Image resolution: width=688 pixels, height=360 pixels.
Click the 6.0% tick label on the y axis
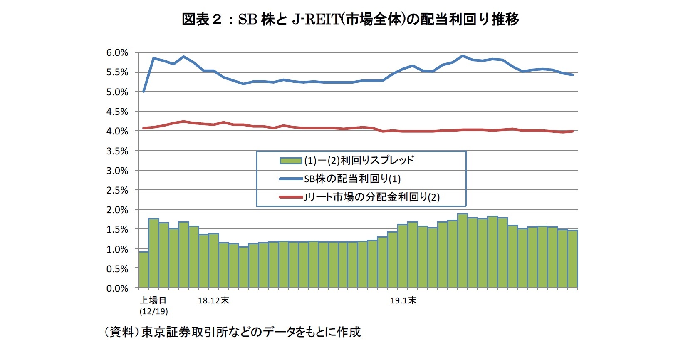pyautogui.click(x=117, y=53)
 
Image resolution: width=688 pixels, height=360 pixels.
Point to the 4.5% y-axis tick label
pyautogui.click(x=117, y=112)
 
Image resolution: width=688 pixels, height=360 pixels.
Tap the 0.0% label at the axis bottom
pyautogui.click(x=117, y=288)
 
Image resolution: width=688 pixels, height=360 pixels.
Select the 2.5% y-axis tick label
pyautogui.click(x=117, y=190)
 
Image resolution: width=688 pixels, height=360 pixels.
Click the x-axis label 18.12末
pyautogui.click(x=213, y=300)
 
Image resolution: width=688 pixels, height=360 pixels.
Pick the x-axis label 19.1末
pyautogui.click(x=403, y=300)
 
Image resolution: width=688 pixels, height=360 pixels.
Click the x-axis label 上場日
pyautogui.click(x=153, y=300)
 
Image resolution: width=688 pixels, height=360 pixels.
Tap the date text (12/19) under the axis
pyautogui.click(x=153, y=311)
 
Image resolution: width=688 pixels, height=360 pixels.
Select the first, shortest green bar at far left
pyautogui.click(x=144, y=270)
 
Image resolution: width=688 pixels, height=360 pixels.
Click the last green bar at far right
pyautogui.click(x=573, y=259)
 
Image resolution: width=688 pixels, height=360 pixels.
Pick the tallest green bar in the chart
pyautogui.click(x=463, y=251)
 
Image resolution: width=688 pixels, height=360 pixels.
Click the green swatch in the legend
pyautogui.click(x=290, y=161)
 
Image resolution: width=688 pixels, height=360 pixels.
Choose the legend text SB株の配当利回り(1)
pyautogui.click(x=352, y=179)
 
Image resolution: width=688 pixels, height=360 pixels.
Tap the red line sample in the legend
pyautogui.click(x=290, y=197)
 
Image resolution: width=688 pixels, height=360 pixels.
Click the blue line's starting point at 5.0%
pyautogui.click(x=144, y=92)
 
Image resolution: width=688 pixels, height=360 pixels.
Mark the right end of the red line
pyautogui.click(x=573, y=132)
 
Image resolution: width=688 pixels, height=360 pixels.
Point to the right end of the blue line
pyautogui.click(x=573, y=75)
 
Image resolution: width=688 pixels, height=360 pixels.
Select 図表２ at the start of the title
pyautogui.click(x=202, y=19)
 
